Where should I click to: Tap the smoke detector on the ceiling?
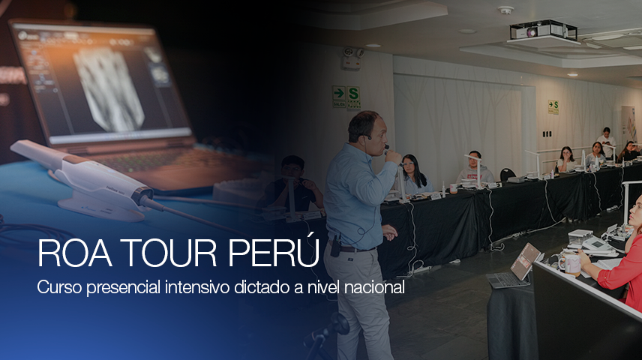click(505, 10)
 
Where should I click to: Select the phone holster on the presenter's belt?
click(336, 244)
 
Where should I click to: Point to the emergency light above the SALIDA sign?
click(349, 53)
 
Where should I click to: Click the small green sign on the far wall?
click(553, 107)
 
